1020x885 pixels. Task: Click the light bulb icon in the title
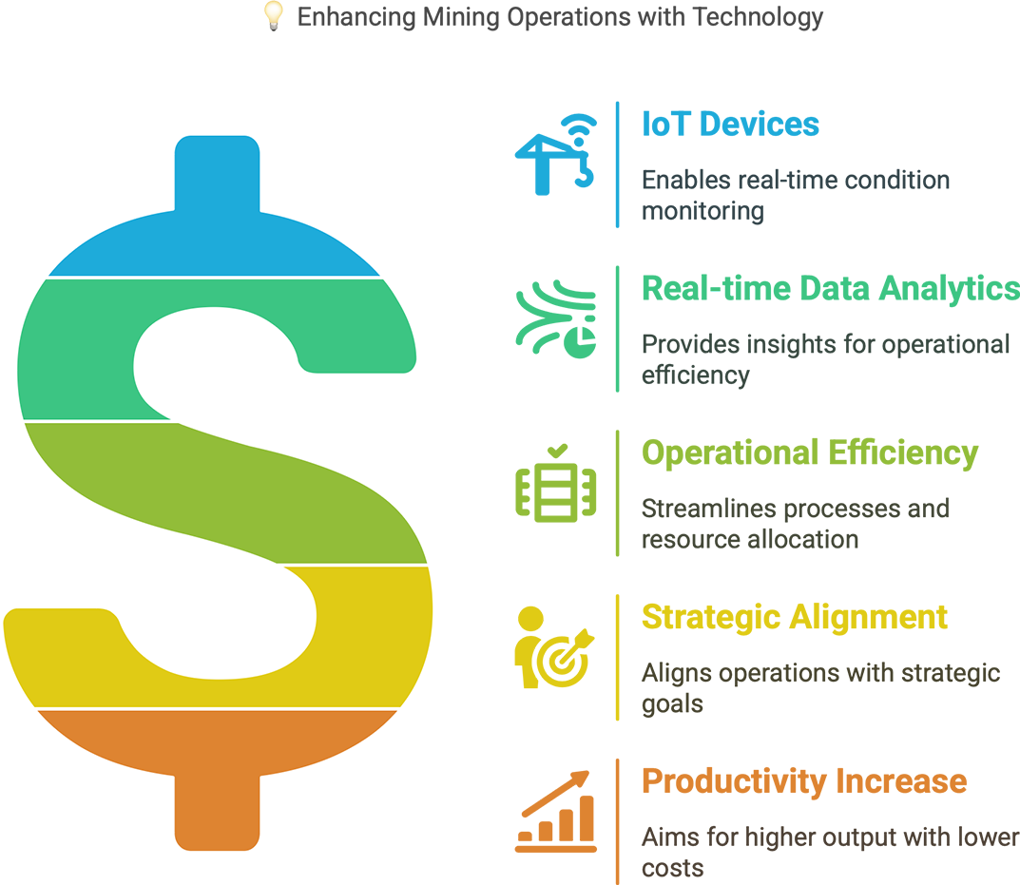tap(274, 16)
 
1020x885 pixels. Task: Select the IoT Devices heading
tap(730, 124)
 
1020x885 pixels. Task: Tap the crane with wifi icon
tap(556, 154)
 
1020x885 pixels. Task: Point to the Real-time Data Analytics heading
tap(831, 289)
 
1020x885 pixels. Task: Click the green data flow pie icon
tap(556, 318)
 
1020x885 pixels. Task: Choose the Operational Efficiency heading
tap(810, 452)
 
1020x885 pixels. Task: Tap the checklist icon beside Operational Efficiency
tap(556, 484)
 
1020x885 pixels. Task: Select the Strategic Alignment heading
tap(795, 617)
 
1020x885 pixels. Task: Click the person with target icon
tap(554, 647)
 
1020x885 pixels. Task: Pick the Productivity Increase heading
tap(804, 780)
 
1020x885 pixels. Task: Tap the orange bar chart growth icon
tap(556, 812)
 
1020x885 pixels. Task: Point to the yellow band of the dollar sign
tap(371, 638)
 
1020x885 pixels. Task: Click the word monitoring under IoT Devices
tap(702, 211)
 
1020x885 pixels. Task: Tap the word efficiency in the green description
tap(696, 375)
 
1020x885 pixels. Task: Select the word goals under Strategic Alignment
tap(672, 704)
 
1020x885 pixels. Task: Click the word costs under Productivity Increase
tap(672, 868)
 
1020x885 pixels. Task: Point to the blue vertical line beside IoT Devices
tap(617, 164)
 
